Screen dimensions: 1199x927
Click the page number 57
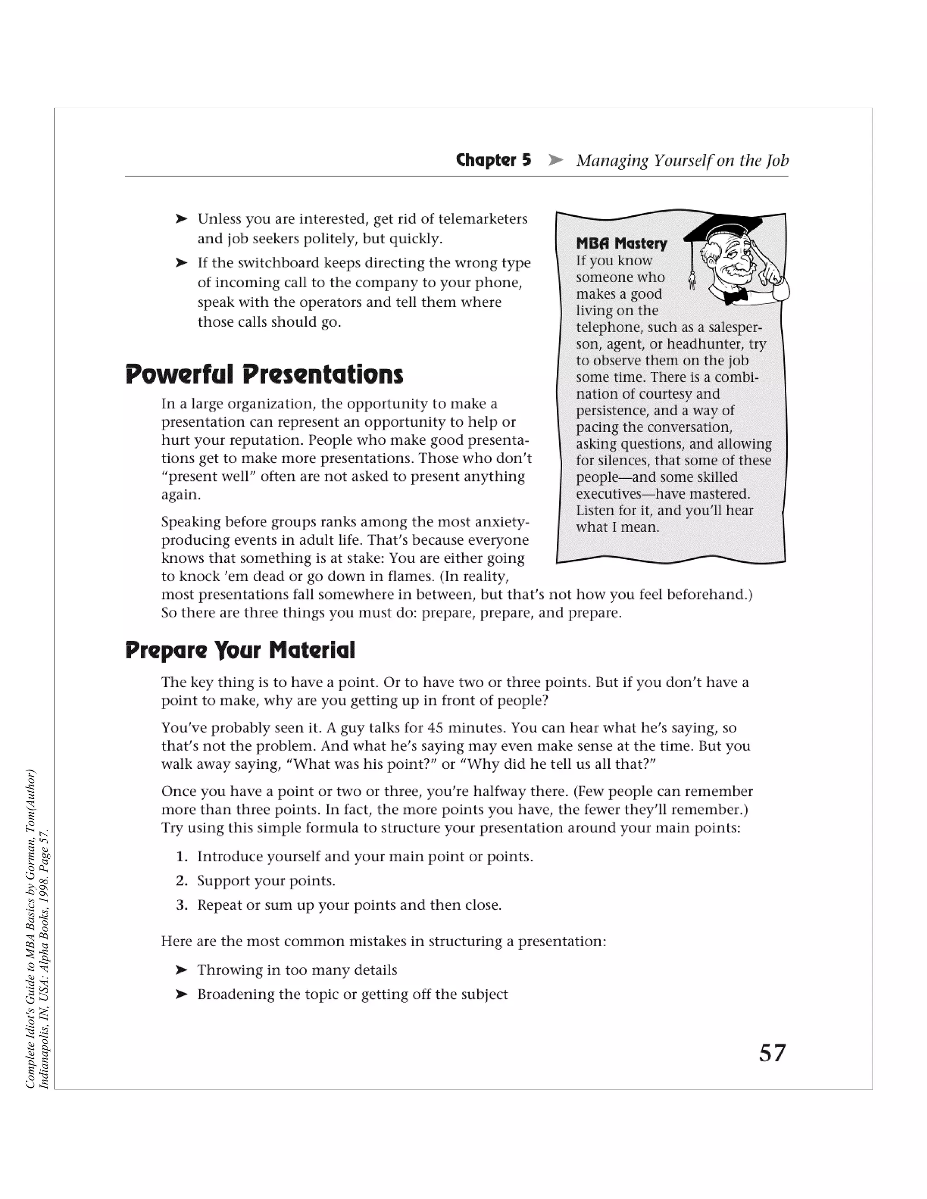pyautogui.click(x=772, y=1052)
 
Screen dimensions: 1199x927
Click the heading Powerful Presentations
pyautogui.click(x=264, y=375)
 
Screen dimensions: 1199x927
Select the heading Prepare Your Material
pyautogui.click(x=240, y=650)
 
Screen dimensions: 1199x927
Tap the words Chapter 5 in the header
pyautogui.click(x=493, y=160)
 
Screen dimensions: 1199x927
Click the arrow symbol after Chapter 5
pyautogui.click(x=555, y=160)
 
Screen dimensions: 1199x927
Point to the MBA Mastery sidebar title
pyautogui.click(x=621, y=243)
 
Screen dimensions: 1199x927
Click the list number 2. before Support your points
pyautogui.click(x=182, y=881)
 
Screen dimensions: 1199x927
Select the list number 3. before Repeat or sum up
pyautogui.click(x=182, y=905)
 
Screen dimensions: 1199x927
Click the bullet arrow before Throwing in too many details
pyautogui.click(x=181, y=970)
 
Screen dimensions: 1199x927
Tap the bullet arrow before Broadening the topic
pyautogui.click(x=181, y=994)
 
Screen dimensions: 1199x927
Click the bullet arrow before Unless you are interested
pyautogui.click(x=181, y=219)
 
